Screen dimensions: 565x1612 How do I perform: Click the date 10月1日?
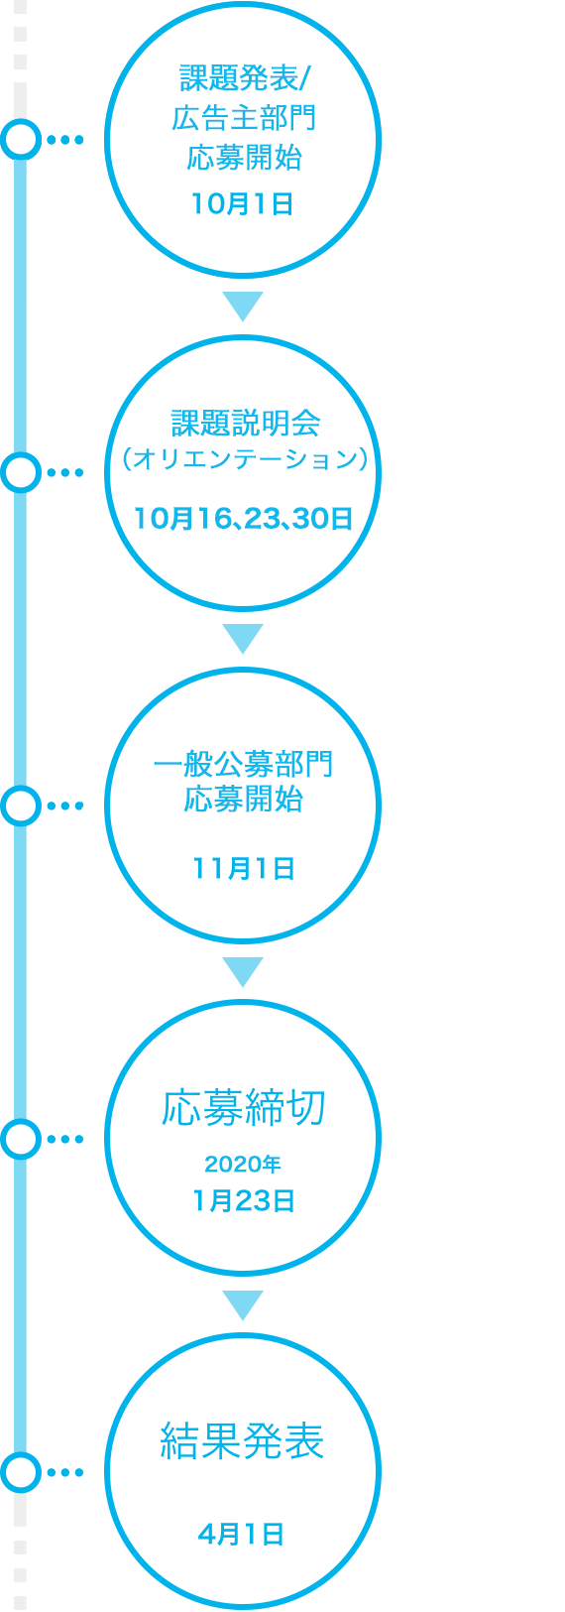point(243,204)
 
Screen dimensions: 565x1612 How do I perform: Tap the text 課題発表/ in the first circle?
point(244,78)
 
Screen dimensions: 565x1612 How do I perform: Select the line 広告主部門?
point(244,118)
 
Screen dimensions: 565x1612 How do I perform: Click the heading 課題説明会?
point(246,424)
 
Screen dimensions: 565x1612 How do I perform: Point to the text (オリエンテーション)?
point(245,459)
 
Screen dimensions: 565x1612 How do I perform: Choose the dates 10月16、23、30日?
point(244,518)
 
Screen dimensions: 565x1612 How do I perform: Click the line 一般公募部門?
point(243,764)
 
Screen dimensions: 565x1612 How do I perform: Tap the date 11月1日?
point(244,869)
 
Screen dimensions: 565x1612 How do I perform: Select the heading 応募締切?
point(244,1108)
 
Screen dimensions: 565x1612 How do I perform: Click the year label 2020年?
point(243,1164)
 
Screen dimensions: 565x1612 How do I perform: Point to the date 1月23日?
point(244,1201)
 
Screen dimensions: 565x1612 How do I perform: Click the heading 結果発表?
point(242,1441)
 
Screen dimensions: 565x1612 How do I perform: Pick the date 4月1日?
point(241,1535)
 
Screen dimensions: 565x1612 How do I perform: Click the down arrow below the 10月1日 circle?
point(243,305)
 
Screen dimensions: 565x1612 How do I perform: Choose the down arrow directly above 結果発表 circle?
point(243,1304)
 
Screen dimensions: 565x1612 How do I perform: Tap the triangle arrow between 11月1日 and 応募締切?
point(243,971)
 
